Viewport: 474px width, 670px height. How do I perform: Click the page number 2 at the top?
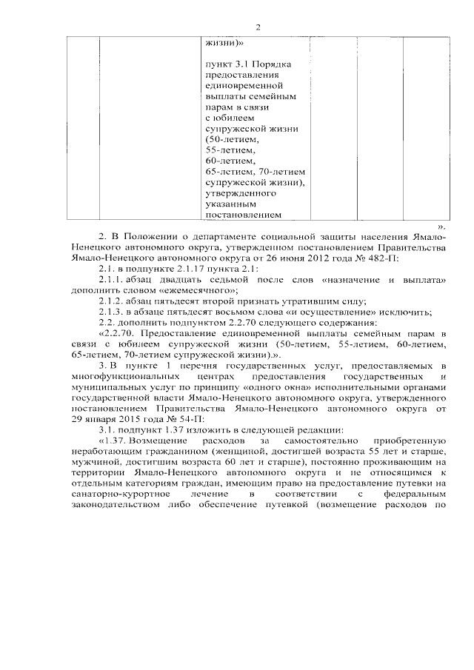[x=258, y=27]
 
